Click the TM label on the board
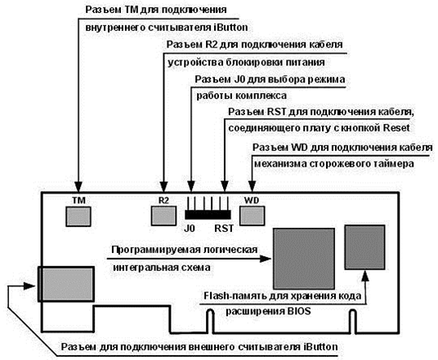tap(78, 201)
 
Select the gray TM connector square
tap(78, 216)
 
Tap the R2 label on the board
tap(163, 200)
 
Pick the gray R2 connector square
tap(163, 216)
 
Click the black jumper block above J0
tap(208, 215)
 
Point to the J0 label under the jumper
tap(189, 229)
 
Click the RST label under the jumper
tap(224, 229)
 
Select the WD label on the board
tap(252, 200)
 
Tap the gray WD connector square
tap(253, 216)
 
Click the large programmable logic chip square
tap(304, 259)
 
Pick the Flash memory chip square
tap(364, 247)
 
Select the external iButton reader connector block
tap(65, 284)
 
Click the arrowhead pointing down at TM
tap(78, 186)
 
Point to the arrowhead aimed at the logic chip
tap(266, 259)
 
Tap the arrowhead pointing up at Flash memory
tap(365, 276)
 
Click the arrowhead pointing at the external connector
tap(29, 286)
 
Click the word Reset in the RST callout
tap(396, 128)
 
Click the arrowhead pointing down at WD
tap(253, 186)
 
